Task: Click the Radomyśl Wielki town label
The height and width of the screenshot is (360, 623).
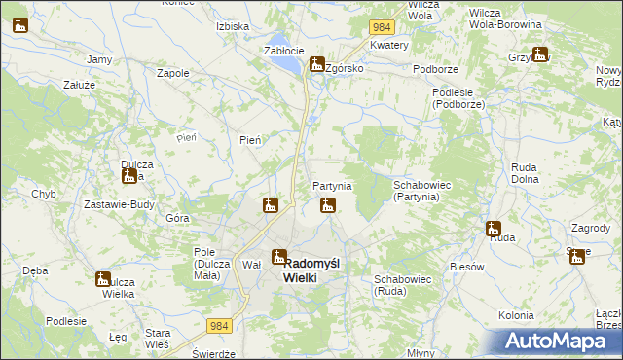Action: [x=311, y=269]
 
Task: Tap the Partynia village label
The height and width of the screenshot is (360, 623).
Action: [x=332, y=186]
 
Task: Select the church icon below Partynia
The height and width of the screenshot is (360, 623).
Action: [x=329, y=205]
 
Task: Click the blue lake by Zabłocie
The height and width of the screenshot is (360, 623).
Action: [x=286, y=64]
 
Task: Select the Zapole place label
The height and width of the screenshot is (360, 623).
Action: [x=172, y=73]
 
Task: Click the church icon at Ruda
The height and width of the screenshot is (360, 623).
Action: [x=494, y=230]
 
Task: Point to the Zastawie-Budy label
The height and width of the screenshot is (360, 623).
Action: [x=121, y=203]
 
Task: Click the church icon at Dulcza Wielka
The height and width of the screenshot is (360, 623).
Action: [x=104, y=280]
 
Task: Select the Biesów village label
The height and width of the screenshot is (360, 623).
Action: [x=466, y=266]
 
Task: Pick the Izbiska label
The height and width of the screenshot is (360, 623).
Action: [x=233, y=26]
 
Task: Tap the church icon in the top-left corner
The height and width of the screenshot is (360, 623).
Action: [x=20, y=25]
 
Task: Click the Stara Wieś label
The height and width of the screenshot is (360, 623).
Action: [x=157, y=339]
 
